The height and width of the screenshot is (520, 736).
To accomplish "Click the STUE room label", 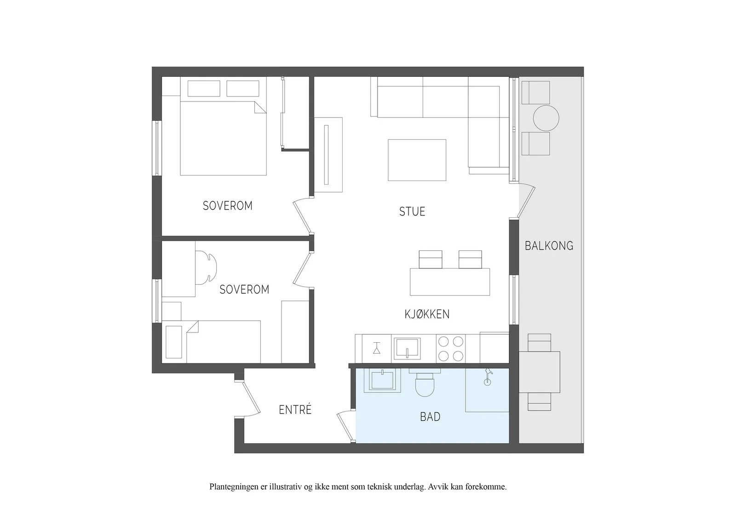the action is coord(412,212).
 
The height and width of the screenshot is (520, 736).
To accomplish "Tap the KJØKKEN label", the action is coord(427,314).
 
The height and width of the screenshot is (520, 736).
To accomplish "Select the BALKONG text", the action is coord(549,246).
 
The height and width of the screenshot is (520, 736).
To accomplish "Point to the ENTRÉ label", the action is coord(295,409).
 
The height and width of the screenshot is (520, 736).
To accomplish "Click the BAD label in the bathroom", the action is coord(430,417).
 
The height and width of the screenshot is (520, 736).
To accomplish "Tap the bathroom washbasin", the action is coord(382,380).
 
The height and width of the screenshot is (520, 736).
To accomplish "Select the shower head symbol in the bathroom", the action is coord(488,377).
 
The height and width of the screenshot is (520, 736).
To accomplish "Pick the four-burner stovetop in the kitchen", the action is coord(451,349).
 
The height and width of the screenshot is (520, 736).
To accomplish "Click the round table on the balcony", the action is coord(546,118).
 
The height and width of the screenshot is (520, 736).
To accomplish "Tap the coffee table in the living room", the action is coord(417,160).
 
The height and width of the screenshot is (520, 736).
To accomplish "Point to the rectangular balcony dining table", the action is coord(539,372).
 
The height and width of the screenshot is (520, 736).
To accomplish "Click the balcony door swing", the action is coord(526,201).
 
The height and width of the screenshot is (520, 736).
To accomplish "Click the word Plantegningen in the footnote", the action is coord(234,486).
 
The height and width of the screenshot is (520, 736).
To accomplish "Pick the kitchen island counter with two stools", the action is coord(450,282).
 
